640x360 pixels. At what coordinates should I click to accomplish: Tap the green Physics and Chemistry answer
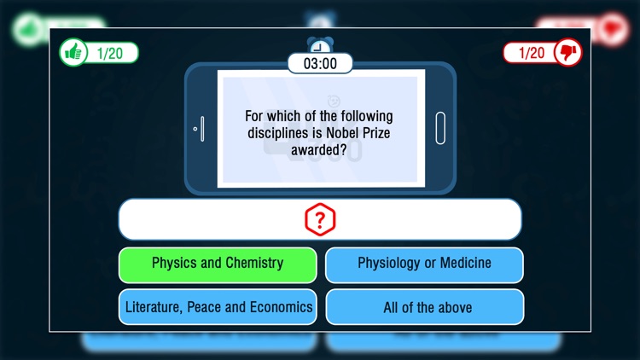218,264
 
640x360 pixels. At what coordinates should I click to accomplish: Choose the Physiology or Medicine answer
424,264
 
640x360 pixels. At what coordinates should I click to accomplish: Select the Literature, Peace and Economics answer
218,307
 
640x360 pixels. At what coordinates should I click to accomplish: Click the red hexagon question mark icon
320,221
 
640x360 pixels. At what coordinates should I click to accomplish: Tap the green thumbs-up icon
73,53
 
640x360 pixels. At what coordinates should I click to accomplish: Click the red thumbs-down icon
567,53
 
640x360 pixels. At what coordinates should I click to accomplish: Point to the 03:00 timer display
320,63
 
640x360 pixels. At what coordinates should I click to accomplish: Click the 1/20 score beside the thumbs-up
110,53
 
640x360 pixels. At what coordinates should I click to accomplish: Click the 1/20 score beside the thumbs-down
531,53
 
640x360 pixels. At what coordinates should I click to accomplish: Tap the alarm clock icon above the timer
320,44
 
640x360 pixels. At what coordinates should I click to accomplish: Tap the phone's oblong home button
440,128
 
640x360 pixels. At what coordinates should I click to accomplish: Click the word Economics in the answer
281,307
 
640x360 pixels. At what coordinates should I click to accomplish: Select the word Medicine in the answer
462,264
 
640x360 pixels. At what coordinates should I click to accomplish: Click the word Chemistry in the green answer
253,264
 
